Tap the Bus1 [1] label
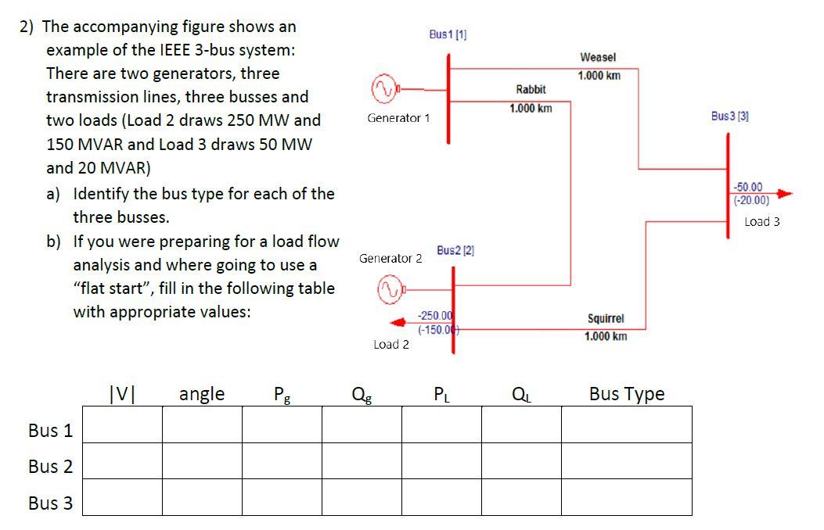(448, 34)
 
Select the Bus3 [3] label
(730, 116)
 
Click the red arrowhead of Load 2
(399, 322)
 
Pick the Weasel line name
(598, 58)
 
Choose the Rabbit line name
(531, 90)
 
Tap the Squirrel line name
(606, 319)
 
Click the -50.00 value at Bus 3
(749, 188)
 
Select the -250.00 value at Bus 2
(435, 315)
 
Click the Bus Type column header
(627, 394)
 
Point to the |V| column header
(121, 394)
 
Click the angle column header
(202, 394)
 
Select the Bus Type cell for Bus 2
(626, 460)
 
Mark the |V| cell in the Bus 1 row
(122, 424)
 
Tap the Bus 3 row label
(50, 503)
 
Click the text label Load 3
(761, 221)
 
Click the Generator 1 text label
(398, 118)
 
